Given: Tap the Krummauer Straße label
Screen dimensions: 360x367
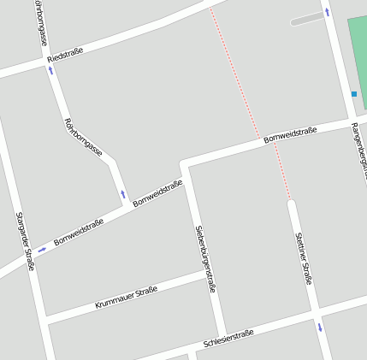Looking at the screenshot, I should [x=126, y=298].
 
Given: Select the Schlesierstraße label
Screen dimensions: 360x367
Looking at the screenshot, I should [x=228, y=338].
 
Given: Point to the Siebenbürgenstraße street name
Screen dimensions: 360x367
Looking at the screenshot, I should [x=205, y=258].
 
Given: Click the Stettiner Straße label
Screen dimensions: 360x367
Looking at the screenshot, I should [x=304, y=257].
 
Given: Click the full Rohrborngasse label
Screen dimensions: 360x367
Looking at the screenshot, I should [x=84, y=137].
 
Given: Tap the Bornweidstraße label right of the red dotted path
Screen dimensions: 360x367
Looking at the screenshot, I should [x=290, y=134].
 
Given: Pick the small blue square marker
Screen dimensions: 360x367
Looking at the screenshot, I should [x=353, y=93].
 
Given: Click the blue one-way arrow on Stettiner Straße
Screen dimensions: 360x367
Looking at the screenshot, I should [x=320, y=327].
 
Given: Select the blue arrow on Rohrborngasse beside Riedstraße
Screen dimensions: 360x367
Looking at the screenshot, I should [x=50, y=71].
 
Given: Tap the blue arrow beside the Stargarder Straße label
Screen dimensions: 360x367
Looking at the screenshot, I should [x=42, y=250].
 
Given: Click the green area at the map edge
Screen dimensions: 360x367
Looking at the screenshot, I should [x=358, y=51].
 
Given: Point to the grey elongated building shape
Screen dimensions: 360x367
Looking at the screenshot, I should [x=307, y=19].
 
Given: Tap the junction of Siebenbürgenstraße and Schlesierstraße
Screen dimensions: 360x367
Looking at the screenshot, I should [x=222, y=335].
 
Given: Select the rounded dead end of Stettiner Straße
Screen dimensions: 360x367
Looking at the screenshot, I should [x=292, y=204].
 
